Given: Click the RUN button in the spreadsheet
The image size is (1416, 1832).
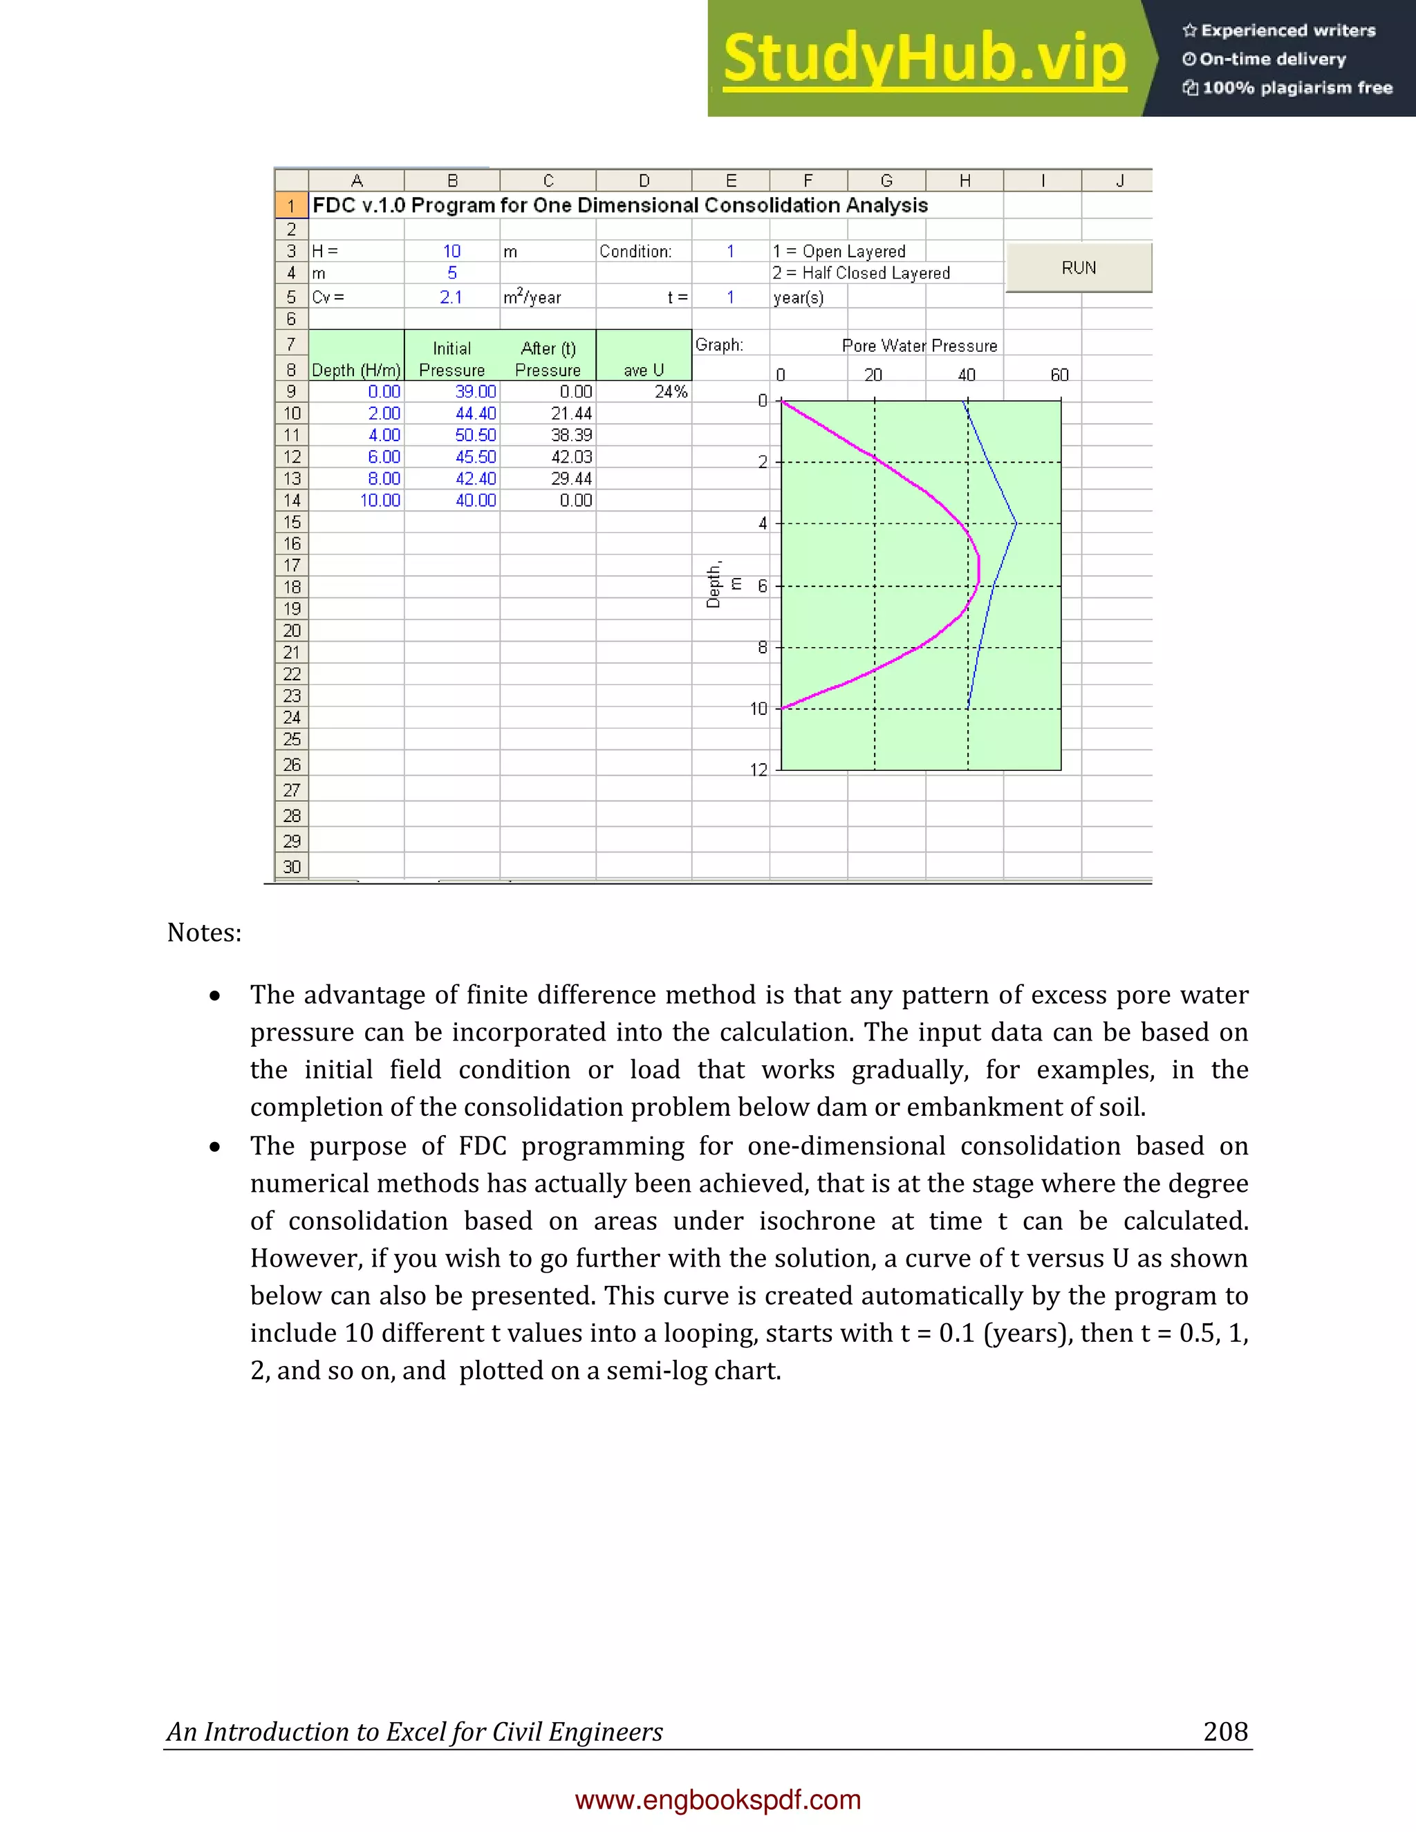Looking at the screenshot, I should (x=1078, y=268).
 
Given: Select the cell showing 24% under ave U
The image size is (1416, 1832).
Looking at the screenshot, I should (x=670, y=392).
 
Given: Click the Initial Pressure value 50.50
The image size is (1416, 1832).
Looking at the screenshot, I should (x=475, y=436).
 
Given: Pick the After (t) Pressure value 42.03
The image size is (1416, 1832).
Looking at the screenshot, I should (x=571, y=457).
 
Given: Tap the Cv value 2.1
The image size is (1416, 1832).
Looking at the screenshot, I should (x=451, y=297).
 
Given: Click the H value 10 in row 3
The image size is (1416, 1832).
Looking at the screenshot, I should (x=451, y=251).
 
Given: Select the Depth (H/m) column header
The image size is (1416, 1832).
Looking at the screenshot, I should (x=355, y=370).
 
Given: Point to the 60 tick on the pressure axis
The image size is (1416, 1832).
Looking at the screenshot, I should (x=1059, y=375).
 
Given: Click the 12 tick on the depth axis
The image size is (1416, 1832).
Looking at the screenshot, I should (x=758, y=770).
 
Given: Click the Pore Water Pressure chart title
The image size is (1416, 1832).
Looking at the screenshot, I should (x=920, y=346).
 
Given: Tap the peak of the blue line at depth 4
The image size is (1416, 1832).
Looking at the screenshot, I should (x=1016, y=523).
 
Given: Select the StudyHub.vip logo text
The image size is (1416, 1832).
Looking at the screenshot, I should (x=924, y=59).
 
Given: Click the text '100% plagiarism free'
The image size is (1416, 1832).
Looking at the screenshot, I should (x=1297, y=88).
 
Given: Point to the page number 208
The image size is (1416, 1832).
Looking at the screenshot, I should (x=1224, y=1731).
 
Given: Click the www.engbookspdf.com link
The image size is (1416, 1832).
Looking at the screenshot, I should (x=718, y=1800).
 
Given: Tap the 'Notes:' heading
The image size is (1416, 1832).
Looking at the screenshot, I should (x=204, y=933).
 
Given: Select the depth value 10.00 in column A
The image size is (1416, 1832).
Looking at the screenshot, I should (x=380, y=501).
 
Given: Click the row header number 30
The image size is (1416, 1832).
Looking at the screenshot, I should (x=291, y=866).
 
